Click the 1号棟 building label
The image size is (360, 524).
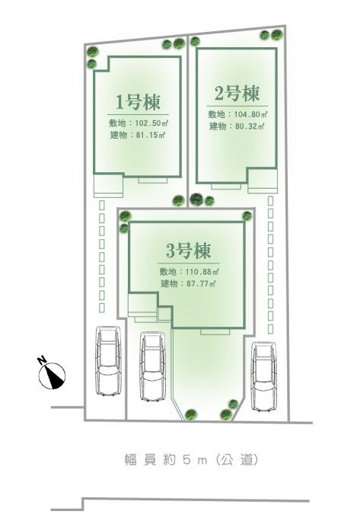tap(137, 102)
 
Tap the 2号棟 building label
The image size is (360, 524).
tap(234, 94)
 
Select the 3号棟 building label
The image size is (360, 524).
tap(187, 251)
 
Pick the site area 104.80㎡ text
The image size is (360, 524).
tap(237, 114)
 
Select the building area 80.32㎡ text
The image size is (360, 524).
tap(236, 126)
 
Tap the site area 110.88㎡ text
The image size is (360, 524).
tap(189, 272)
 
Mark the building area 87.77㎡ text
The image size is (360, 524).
tap(188, 284)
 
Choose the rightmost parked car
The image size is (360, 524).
tap(263, 374)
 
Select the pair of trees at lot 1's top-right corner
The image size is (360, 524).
tap(172, 44)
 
